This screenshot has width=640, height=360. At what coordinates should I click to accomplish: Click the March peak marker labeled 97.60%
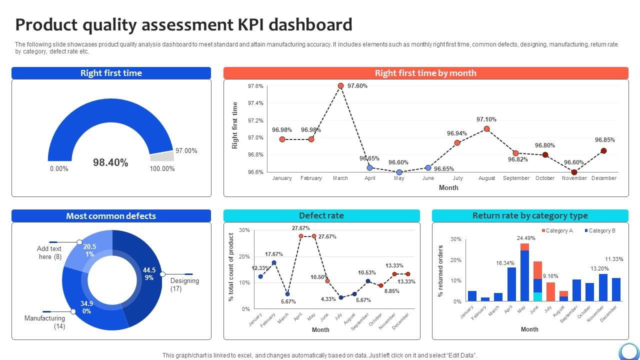tap(340, 86)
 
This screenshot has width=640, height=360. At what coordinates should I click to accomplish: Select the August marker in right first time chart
tap(486, 129)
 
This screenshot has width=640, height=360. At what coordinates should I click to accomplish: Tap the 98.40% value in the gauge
tap(110, 162)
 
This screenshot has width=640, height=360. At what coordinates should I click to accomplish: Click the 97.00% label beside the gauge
tap(186, 150)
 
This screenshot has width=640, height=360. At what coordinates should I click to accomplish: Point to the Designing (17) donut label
tap(184, 284)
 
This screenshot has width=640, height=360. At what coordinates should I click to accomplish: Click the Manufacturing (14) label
tap(45, 322)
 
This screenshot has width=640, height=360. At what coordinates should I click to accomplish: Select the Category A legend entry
tap(556, 230)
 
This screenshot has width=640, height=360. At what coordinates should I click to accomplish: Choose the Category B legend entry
tap(599, 230)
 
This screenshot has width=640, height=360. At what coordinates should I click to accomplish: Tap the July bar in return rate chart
tap(550, 291)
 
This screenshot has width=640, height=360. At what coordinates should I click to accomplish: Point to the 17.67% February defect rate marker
tap(274, 262)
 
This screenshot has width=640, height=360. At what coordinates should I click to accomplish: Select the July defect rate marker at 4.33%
tap(341, 297)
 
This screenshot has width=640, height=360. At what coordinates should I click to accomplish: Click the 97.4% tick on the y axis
tap(255, 103)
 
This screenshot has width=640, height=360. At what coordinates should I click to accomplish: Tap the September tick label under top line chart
tap(516, 178)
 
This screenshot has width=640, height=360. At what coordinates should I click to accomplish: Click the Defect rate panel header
tap(321, 216)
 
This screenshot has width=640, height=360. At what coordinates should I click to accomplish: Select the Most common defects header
tap(111, 216)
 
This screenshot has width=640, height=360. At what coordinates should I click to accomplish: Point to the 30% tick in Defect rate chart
tap(244, 230)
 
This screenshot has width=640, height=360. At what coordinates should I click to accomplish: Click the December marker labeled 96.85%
tap(603, 150)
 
